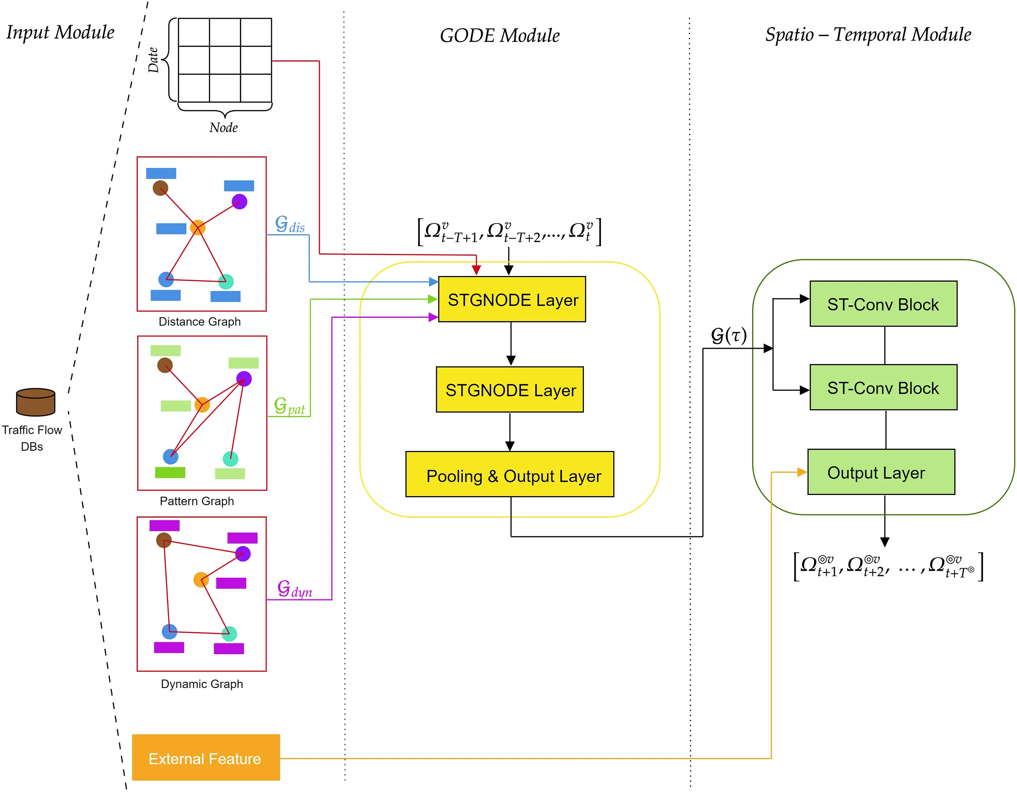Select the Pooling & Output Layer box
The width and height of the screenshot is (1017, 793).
pos(510,474)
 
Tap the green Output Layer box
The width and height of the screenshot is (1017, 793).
pos(881,472)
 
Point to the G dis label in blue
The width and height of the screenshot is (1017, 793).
pos(290,224)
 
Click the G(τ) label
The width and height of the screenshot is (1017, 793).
pos(728,335)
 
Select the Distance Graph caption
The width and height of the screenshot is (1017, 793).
pos(199,321)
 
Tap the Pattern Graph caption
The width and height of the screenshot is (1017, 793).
pos(196,501)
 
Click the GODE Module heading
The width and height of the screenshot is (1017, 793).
pos(499,36)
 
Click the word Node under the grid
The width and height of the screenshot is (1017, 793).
pos(223,128)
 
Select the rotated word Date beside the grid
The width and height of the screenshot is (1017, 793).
pos(153,60)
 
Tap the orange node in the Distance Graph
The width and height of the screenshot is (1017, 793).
pos(197,228)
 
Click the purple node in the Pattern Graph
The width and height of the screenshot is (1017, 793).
pos(243,379)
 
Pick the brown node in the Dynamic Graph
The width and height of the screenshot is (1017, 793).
pos(163,540)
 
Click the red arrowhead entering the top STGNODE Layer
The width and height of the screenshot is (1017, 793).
pos(476,270)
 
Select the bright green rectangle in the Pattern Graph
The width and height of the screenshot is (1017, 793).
pos(170,472)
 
